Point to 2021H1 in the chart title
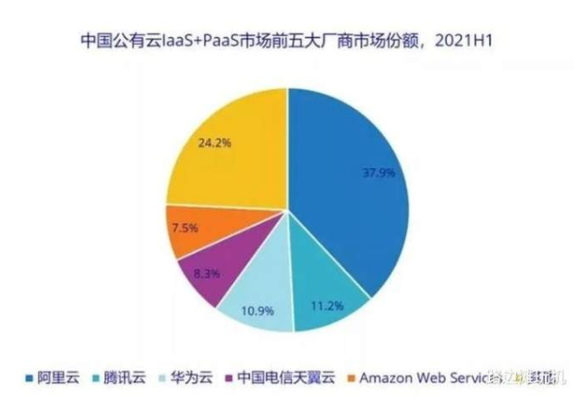(x=477, y=40)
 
